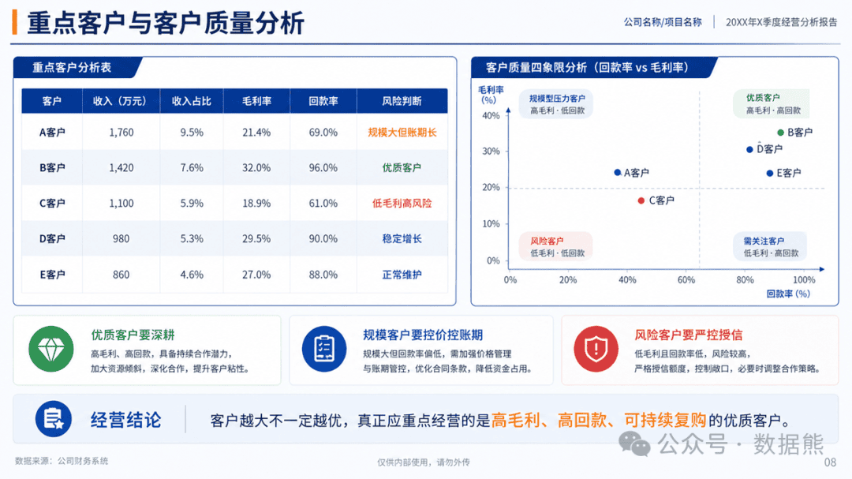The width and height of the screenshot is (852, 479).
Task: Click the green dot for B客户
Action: (x=781, y=132)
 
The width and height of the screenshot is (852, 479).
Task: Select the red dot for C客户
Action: (x=641, y=200)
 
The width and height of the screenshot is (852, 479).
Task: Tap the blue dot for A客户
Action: (x=617, y=172)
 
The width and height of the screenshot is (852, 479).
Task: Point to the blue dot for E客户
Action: (x=770, y=173)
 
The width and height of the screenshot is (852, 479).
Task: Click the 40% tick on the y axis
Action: (x=491, y=115)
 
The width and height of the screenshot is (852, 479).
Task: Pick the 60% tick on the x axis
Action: (x=686, y=279)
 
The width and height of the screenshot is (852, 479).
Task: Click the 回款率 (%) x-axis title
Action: (x=788, y=294)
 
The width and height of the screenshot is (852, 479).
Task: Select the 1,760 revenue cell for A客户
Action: (x=121, y=132)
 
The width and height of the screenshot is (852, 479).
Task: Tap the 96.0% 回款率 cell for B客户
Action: (x=323, y=167)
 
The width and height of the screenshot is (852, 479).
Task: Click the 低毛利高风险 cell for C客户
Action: (x=402, y=204)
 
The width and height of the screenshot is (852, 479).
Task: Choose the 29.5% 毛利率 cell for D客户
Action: (x=256, y=238)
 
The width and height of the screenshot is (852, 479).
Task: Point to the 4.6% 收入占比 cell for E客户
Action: (x=192, y=275)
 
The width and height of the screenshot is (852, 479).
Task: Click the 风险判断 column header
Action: (x=402, y=101)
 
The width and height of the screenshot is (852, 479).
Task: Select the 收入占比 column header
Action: (x=191, y=101)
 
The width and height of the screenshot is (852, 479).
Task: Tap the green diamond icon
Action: (x=51, y=349)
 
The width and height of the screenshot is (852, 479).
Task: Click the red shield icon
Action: (x=596, y=349)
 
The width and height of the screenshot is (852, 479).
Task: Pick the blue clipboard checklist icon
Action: (x=324, y=349)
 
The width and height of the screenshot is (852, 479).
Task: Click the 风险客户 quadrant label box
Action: (x=555, y=246)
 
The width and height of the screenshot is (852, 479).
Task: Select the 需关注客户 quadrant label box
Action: (x=770, y=246)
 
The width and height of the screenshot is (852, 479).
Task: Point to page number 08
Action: (x=830, y=462)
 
